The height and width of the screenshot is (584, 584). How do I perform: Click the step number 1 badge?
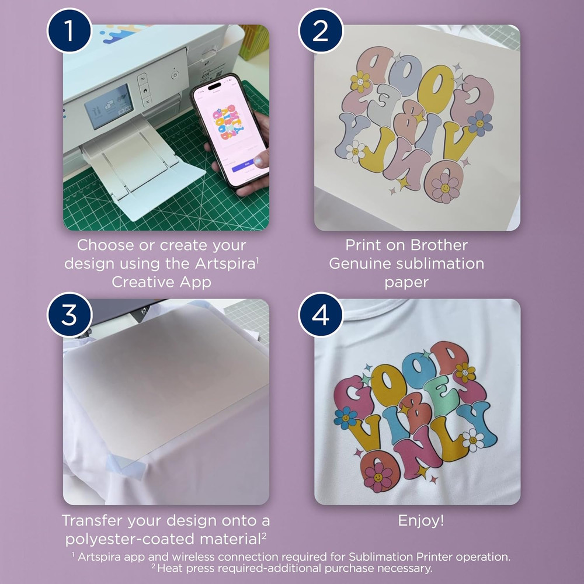69,30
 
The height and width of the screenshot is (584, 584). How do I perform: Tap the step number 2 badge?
321,30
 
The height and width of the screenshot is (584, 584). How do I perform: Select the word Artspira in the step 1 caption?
225,263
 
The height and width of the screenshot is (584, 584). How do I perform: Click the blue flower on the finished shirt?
346,418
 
